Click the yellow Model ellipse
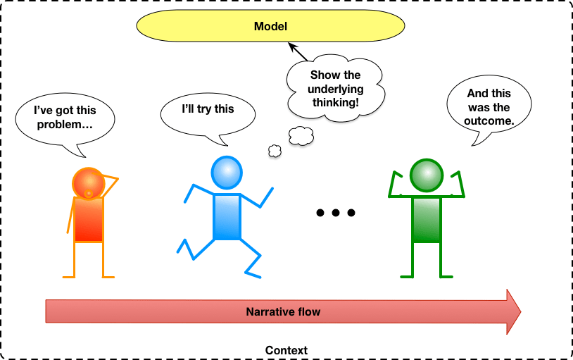tap(271, 27)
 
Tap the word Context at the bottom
tap(286, 350)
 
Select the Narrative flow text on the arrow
tap(283, 311)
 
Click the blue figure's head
tap(227, 172)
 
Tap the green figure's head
tap(427, 176)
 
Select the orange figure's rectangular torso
tap(89, 219)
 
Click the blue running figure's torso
tap(227, 216)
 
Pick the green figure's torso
tap(426, 219)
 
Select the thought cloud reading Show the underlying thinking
tap(334, 88)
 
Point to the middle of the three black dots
tap(336, 213)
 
